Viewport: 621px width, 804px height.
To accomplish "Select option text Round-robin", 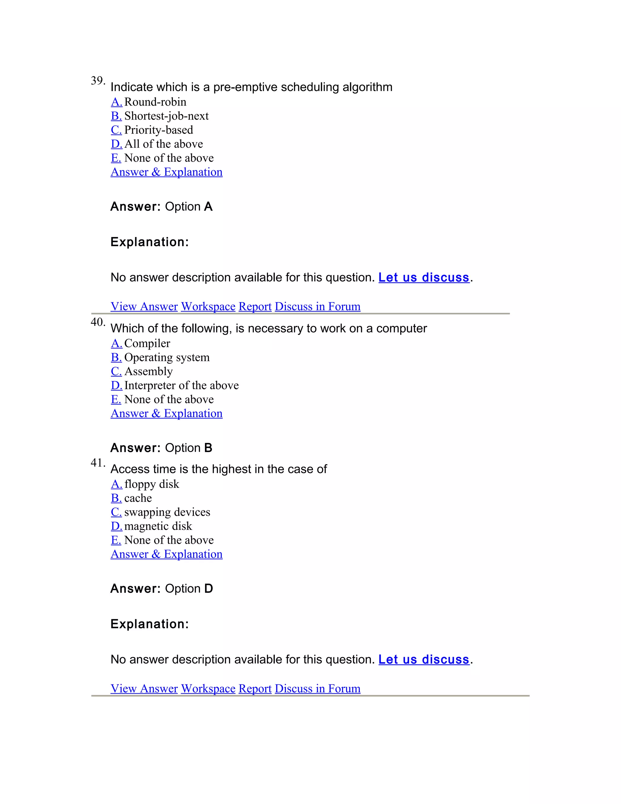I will [155, 102].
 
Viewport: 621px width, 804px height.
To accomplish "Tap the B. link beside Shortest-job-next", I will [116, 116].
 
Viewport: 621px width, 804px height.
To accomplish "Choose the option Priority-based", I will [159, 130].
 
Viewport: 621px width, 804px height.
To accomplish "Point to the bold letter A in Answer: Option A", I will [208, 207].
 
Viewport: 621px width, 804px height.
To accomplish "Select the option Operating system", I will [167, 357].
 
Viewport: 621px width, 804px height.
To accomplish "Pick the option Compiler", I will [147, 343].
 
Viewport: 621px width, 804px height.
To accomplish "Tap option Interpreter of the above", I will [181, 385].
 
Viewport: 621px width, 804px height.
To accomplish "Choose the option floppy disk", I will [152, 484].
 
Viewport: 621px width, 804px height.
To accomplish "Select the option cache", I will [138, 498].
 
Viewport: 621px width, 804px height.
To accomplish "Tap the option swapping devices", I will [167, 512].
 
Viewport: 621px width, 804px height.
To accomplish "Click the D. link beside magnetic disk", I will [116, 526].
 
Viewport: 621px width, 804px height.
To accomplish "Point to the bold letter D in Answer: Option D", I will [208, 589].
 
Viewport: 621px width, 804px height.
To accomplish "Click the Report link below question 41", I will [255, 688].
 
